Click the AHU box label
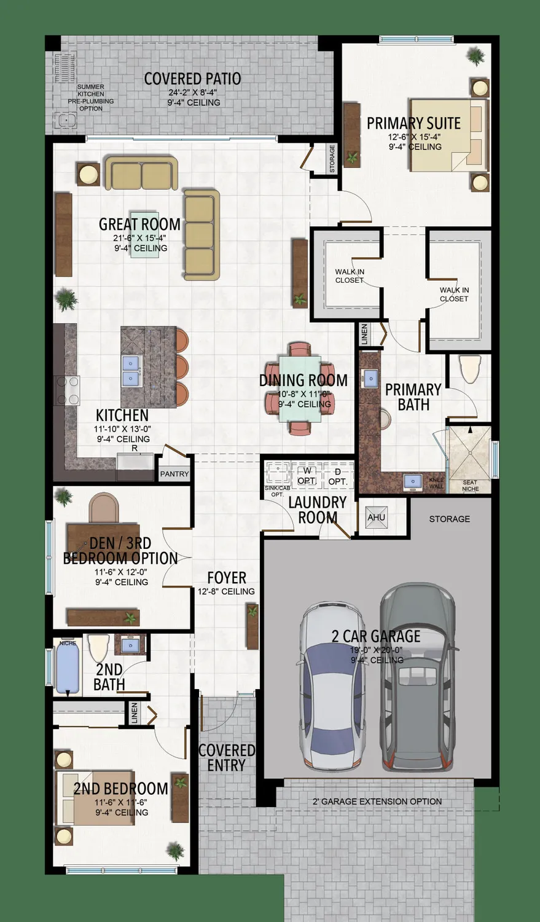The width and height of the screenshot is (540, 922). click(376, 518)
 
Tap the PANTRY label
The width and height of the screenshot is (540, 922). click(174, 474)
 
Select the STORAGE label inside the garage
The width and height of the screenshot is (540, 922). click(449, 519)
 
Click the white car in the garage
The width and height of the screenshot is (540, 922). click(331, 685)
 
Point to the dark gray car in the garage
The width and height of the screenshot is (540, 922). click(418, 676)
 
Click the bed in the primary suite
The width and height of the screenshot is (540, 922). click(448, 135)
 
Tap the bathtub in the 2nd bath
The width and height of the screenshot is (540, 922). click(68, 667)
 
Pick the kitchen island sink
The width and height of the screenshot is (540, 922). click(130, 371)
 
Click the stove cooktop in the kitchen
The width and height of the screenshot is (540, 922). click(68, 390)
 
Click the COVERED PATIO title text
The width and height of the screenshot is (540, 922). click(192, 79)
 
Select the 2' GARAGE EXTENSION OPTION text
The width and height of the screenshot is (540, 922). click(377, 802)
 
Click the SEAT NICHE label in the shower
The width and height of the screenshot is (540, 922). click(470, 486)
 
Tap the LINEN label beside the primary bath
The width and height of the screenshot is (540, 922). click(364, 334)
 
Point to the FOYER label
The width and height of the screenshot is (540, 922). click(227, 578)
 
